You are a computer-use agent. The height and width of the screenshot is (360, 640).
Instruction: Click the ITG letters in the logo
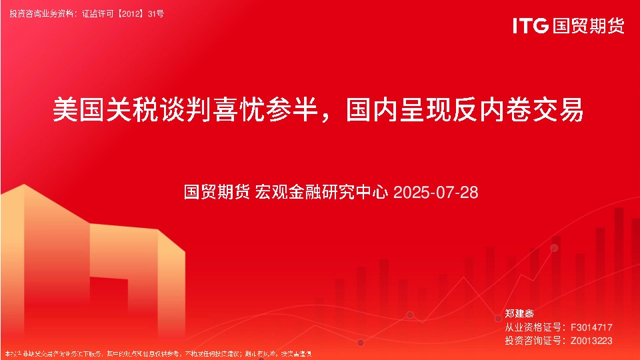[531, 26]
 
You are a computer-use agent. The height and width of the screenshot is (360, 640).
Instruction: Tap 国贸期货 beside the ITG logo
[589, 26]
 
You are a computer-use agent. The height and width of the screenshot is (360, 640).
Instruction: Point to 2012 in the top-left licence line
[131, 13]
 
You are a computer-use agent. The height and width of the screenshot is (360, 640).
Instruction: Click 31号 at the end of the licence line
[155, 13]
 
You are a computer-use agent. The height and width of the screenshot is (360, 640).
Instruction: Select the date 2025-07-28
[436, 193]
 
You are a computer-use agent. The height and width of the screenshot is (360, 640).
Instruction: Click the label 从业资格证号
[533, 327]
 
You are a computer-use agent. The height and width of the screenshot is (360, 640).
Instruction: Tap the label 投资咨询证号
[533, 341]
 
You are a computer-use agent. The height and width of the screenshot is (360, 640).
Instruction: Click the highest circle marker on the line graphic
[554, 248]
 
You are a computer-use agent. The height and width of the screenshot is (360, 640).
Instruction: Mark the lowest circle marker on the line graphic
[361, 343]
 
